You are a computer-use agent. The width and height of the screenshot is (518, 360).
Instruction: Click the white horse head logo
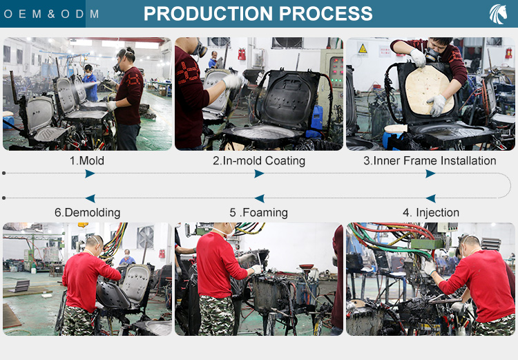coord(498,15)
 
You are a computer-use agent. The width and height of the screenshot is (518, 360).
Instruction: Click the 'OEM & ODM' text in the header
coord(51,14)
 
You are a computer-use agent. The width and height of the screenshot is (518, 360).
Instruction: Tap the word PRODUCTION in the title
coord(208,14)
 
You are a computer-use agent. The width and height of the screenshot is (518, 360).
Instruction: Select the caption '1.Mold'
coord(87,161)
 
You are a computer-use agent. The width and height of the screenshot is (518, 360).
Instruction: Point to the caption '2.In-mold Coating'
coord(259,161)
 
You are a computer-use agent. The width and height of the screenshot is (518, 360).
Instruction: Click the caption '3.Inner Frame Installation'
coord(430,161)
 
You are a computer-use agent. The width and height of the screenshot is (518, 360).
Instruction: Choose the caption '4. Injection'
coord(431,212)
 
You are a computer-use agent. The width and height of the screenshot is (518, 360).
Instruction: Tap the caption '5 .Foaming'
coord(259,213)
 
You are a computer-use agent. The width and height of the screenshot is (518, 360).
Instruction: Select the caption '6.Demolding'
coord(87,213)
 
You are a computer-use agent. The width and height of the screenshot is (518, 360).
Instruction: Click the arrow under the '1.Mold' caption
coord(90,173)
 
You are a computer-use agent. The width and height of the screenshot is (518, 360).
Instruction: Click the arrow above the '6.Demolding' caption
coord(90,198)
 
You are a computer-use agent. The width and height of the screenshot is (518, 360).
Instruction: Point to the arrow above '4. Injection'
coord(430,198)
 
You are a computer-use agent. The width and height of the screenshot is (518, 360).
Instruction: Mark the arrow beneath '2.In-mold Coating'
coord(259,173)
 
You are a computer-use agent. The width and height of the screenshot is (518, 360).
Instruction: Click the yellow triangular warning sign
coord(363,49)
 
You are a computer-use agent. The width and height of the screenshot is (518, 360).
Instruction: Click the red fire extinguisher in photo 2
coord(242,54)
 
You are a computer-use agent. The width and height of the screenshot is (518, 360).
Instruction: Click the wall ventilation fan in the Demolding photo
coord(146,237)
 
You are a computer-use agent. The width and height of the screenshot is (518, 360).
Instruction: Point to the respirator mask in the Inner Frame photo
coord(432,55)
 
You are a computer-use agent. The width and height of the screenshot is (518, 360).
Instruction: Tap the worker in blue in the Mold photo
coord(90,83)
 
